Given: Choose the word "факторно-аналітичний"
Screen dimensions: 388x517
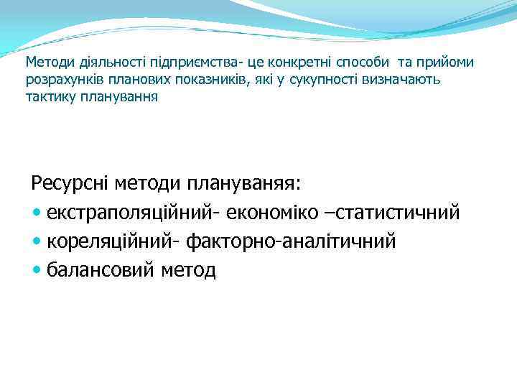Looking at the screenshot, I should (291, 242).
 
